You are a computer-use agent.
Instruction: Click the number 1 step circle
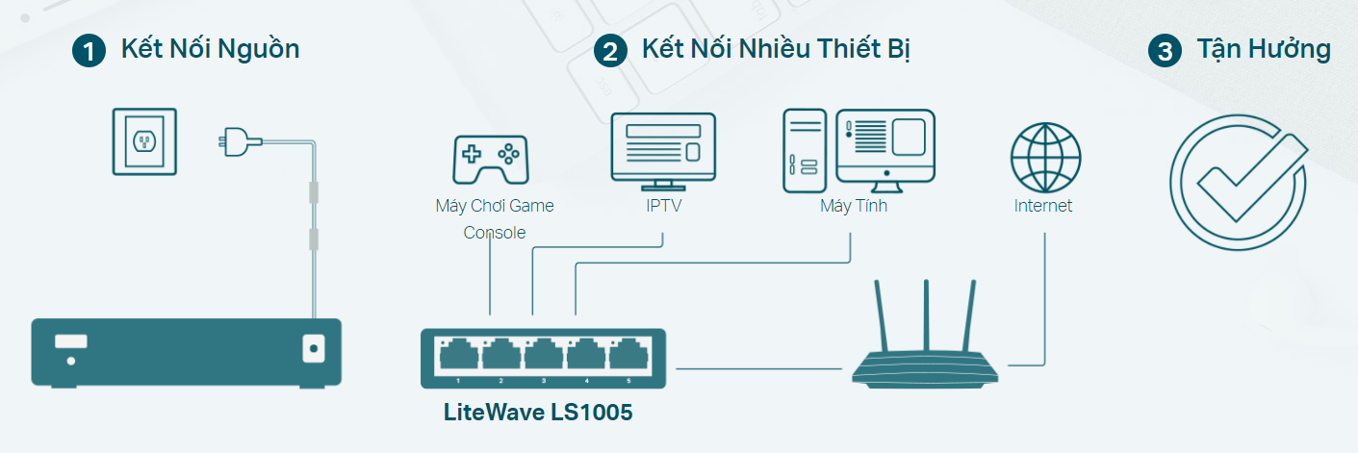click(x=89, y=51)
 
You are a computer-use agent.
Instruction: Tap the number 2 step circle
click(x=610, y=51)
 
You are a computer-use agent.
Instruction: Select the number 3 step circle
click(x=1165, y=51)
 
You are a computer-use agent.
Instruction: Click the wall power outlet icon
click(x=145, y=141)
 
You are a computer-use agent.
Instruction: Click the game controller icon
click(x=490, y=159)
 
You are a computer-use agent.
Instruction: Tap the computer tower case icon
click(x=805, y=146)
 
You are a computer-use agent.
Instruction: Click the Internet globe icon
click(x=1045, y=158)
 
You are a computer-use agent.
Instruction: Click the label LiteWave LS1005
click(x=538, y=413)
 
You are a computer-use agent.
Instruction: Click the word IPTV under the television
click(x=663, y=206)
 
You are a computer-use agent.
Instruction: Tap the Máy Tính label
click(x=853, y=206)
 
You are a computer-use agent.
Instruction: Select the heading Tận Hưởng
click(x=1264, y=50)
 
